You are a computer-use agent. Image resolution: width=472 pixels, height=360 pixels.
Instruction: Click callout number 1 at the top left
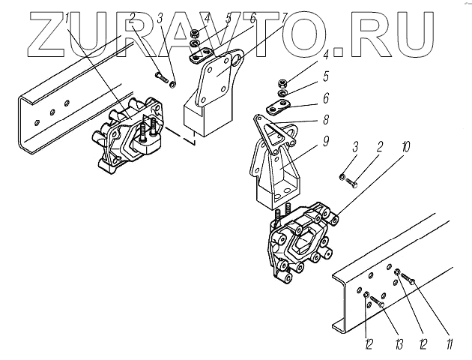67,16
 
